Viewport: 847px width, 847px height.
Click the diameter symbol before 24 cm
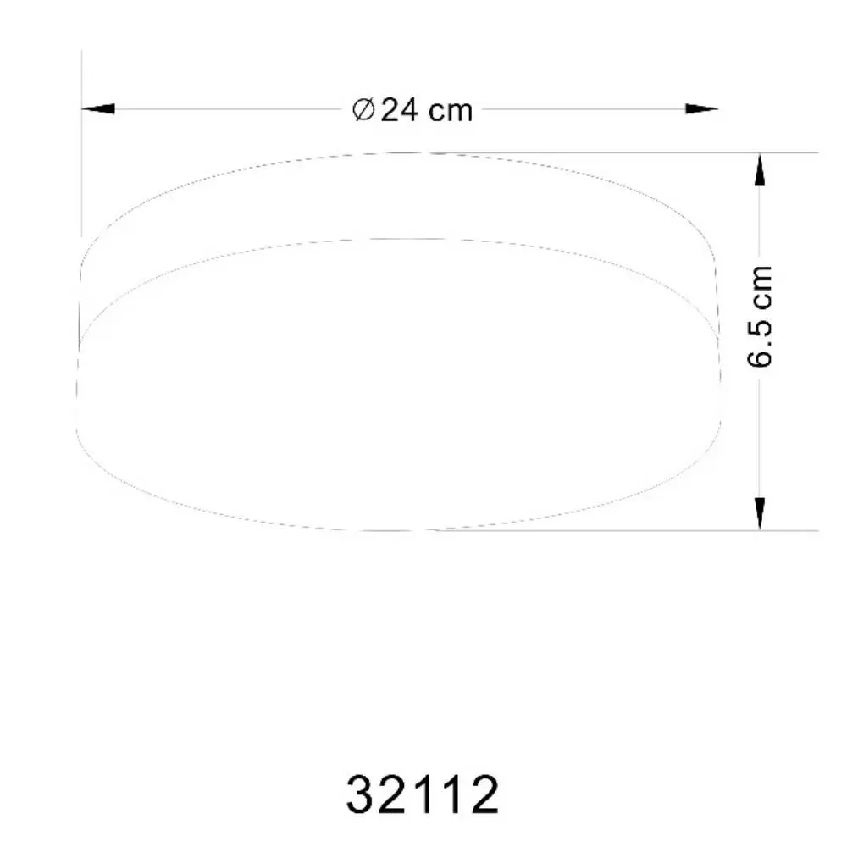click(363, 109)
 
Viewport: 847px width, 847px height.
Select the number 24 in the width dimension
click(400, 110)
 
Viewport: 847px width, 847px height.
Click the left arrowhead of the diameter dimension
click(97, 108)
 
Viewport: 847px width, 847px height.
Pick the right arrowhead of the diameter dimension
click(701, 108)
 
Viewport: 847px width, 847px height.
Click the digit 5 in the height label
click(760, 328)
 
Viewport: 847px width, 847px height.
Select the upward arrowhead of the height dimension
click(760, 169)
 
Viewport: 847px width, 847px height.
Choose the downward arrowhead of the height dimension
click(760, 514)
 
